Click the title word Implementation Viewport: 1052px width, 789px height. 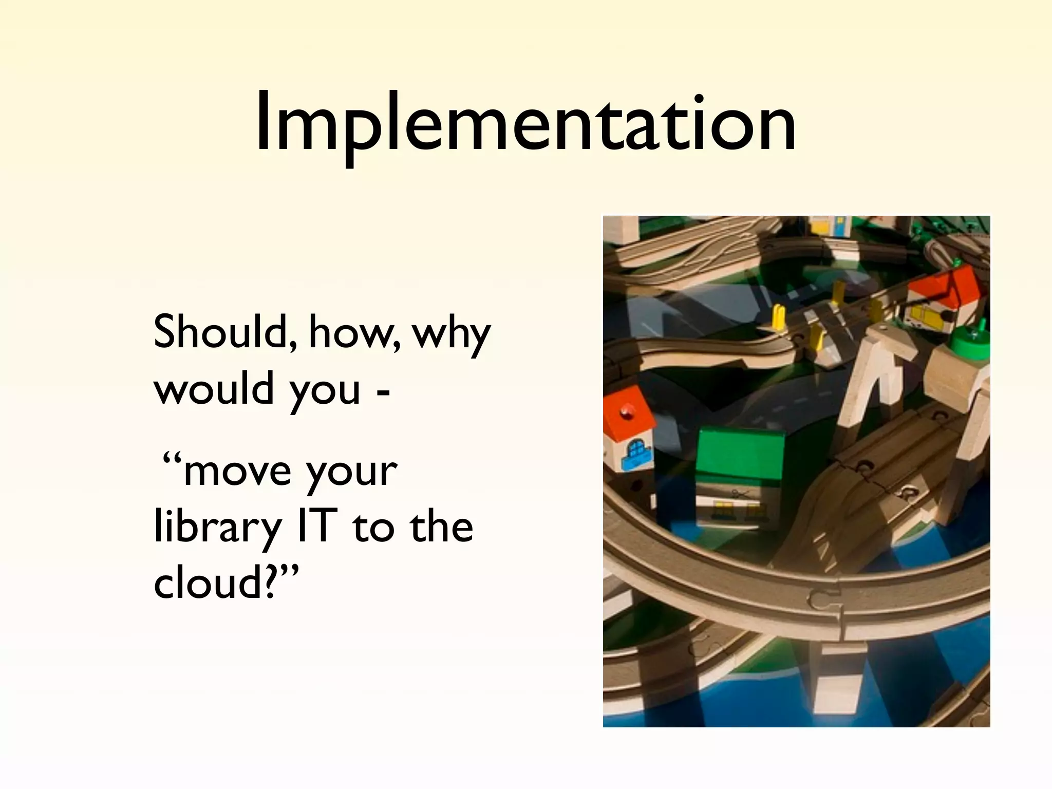tap(525, 123)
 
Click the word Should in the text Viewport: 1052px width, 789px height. tap(224, 332)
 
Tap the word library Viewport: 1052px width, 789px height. tap(217, 528)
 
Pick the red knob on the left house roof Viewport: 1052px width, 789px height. tap(626, 411)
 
